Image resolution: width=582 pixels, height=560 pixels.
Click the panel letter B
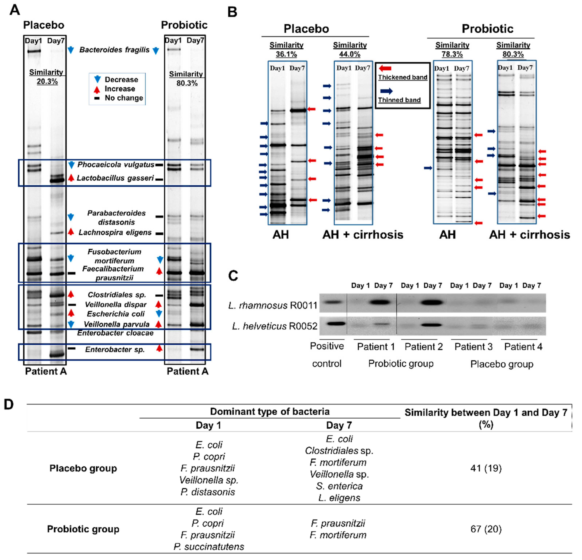(232, 12)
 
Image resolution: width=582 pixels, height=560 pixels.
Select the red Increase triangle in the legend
(97, 89)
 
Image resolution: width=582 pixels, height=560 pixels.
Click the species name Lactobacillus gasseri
(115, 178)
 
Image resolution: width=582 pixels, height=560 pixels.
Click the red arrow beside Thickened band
(385, 68)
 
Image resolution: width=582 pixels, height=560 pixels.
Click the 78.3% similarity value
(452, 54)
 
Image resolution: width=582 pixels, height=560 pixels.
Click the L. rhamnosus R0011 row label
(273, 305)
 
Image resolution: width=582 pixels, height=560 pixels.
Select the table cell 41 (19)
(486, 468)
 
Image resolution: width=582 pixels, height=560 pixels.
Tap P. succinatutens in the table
(209, 547)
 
